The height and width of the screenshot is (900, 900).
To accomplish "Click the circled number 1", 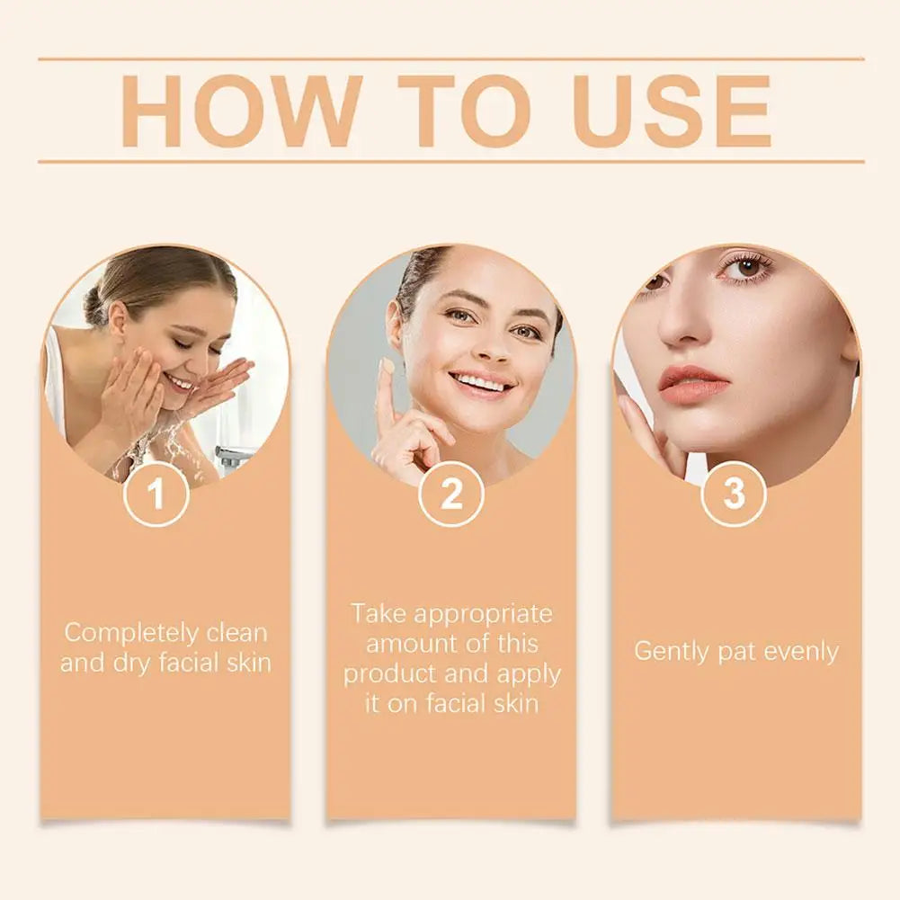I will (156, 494).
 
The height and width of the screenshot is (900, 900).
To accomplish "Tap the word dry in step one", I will (131, 664).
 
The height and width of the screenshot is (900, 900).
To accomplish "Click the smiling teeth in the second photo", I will (481, 384).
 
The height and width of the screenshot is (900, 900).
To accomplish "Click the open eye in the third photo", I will (747, 267).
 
